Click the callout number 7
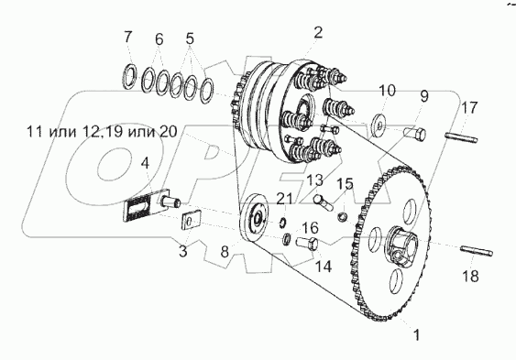[x=127, y=37]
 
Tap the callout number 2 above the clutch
[x=318, y=33]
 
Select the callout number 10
[x=387, y=90]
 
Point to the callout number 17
[x=468, y=107]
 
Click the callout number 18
[x=470, y=276]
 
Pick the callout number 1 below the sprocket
[x=417, y=335]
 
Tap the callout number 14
[x=323, y=267]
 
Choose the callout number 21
[x=284, y=199]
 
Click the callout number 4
[x=145, y=162]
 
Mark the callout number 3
[x=182, y=252]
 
